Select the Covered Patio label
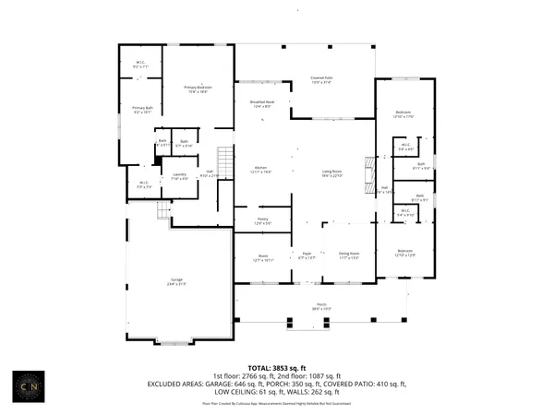(x=320, y=80)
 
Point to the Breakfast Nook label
(x=262, y=104)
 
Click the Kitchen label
(x=261, y=170)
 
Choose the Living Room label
(x=331, y=172)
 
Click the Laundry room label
(x=180, y=176)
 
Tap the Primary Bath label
(x=142, y=110)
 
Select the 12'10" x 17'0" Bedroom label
(x=404, y=113)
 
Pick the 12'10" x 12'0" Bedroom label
(x=404, y=253)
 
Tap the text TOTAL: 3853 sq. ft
(x=277, y=368)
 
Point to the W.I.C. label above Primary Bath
(x=141, y=65)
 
